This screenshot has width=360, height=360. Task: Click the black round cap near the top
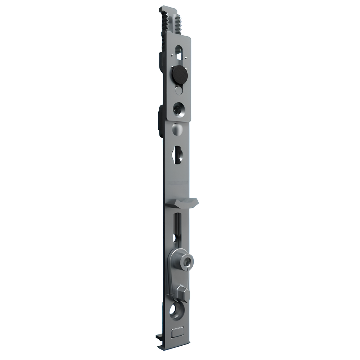point(178,75)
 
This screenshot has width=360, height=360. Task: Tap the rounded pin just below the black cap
point(178,90)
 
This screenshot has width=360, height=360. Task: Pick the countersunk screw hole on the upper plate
point(178,108)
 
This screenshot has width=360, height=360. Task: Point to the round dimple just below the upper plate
point(177,129)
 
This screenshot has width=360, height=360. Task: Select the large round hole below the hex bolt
point(177,311)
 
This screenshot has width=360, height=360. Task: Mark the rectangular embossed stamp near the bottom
point(177,332)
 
